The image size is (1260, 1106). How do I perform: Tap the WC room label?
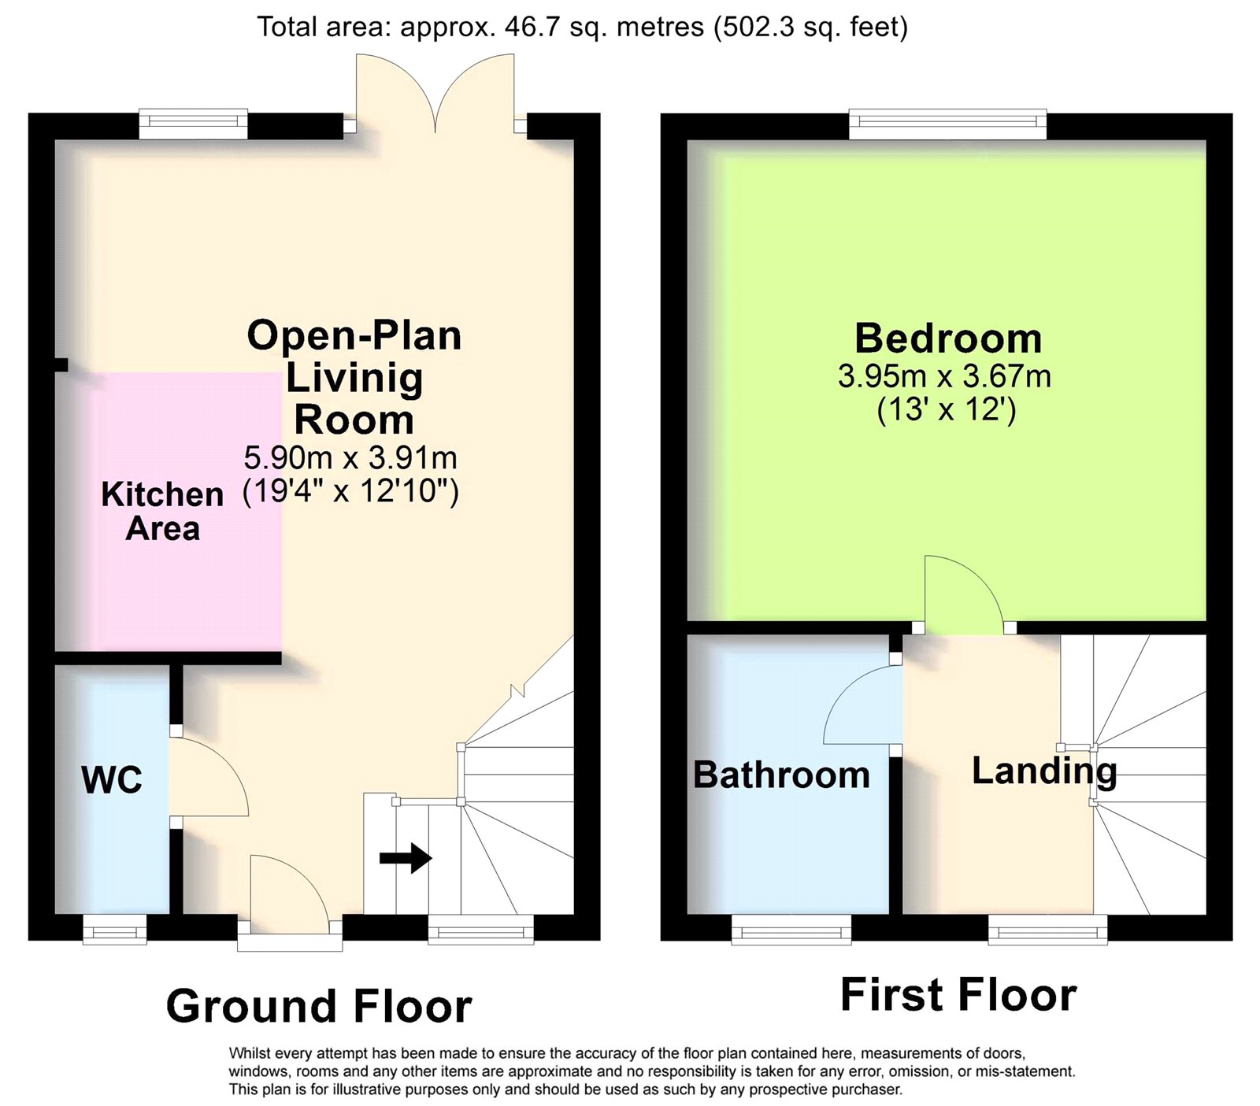coord(112,780)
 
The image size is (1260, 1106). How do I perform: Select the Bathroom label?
coord(781,775)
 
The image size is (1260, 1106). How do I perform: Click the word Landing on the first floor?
coord(1044,771)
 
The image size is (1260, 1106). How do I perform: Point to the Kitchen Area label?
coord(162,512)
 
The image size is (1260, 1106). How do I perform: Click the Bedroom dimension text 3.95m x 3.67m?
coord(944,376)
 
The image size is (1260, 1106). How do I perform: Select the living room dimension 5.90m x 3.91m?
coord(350,457)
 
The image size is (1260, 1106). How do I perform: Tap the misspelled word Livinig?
coord(354,379)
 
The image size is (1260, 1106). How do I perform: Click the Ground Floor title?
coord(319,1006)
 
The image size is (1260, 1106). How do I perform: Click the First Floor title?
coord(958,994)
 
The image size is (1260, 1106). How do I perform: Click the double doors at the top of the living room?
coord(435,91)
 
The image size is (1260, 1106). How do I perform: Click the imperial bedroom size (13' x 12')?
coord(946,410)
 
